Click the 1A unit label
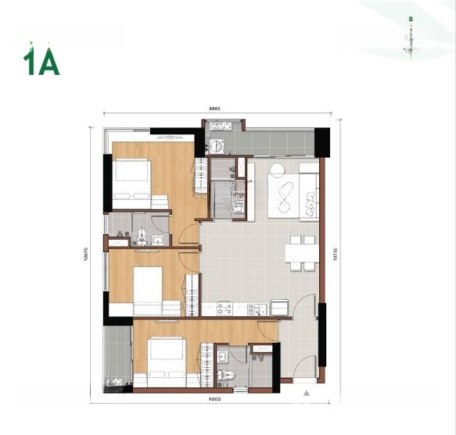point(41,62)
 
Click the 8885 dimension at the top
point(214,109)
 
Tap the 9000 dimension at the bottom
point(215,399)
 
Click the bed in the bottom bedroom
point(164,358)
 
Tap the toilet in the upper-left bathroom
point(142,235)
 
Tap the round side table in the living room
point(278,170)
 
